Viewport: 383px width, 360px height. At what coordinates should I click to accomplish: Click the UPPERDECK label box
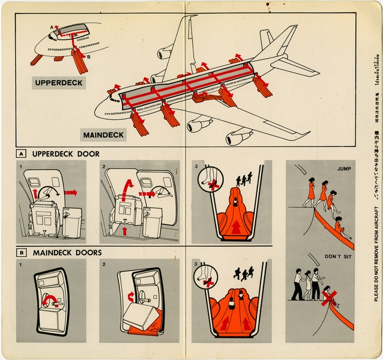(x=50, y=82)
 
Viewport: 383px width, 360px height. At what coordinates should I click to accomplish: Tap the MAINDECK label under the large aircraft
(x=103, y=134)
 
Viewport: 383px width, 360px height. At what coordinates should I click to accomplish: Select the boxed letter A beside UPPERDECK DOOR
(x=21, y=154)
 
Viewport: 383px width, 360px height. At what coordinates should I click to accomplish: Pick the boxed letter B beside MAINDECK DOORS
(x=21, y=253)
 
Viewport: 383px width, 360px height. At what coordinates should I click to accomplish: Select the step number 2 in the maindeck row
(x=104, y=263)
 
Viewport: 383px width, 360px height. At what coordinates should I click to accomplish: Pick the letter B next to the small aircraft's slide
(x=89, y=57)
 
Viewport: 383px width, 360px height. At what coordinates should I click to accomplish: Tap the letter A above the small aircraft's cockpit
(x=52, y=27)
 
